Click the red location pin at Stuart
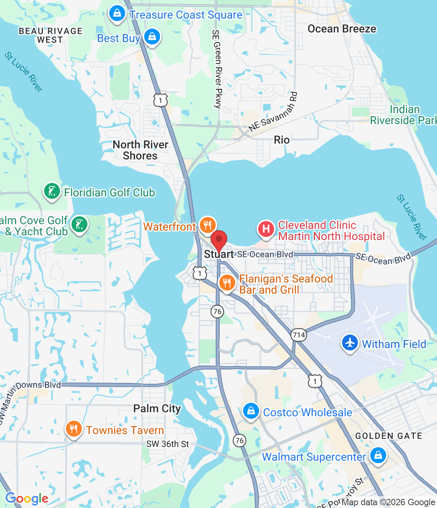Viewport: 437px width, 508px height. coord(218,240)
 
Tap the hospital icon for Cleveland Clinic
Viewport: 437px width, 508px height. coord(266,229)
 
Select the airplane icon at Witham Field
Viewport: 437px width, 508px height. coord(350,343)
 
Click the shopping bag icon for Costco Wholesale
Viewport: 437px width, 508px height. coord(251,411)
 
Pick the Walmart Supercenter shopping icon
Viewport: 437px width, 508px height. coord(378,455)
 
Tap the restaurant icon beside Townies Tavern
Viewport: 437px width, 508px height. coord(73,429)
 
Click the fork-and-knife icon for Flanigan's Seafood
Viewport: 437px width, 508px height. coord(227,283)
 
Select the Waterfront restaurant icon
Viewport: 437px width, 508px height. coord(207,225)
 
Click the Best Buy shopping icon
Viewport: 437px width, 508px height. coord(152,37)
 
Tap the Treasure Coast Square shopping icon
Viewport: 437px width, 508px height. coord(117,13)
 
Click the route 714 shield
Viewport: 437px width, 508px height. coord(298,335)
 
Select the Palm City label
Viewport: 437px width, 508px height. coord(157,408)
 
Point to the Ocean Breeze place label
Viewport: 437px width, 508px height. coord(342,29)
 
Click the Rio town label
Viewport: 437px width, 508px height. coord(282,140)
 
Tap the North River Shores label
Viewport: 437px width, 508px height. coord(140,150)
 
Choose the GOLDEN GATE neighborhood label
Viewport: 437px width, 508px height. coord(389,436)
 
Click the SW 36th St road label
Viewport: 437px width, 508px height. coord(168,444)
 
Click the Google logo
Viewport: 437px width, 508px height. coord(27,498)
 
